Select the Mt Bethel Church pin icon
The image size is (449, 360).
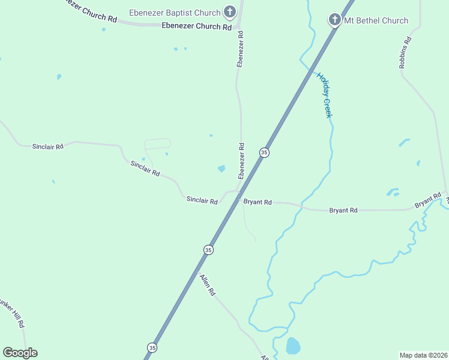coord(335,20)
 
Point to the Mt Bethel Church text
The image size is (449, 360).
coord(376,20)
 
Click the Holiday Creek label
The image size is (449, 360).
coord(324,94)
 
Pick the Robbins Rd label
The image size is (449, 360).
coord(406,52)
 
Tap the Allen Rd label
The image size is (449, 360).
coord(208,285)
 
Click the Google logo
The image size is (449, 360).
coord(20,353)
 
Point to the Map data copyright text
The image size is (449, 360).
coord(424,355)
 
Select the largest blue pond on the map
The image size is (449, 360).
coord(293,346)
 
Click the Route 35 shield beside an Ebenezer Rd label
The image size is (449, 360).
coord(264,152)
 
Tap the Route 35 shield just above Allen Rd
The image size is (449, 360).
coord(208,250)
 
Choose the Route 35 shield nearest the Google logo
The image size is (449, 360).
coord(152,347)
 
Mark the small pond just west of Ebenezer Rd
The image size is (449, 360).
coord(221,169)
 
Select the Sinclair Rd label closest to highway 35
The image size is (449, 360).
coord(202,200)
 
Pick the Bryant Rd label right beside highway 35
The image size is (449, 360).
coord(258,202)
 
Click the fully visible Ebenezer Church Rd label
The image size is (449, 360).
coord(196,26)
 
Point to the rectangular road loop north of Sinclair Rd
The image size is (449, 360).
coord(157,144)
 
